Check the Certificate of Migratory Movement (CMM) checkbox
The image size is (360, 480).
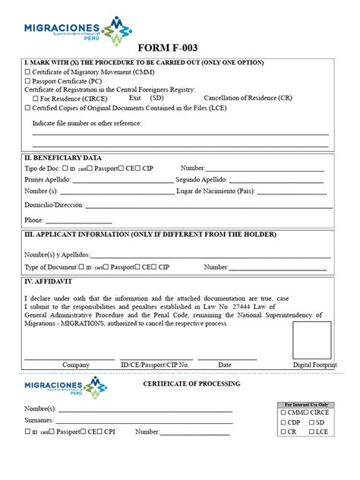[x=27, y=73]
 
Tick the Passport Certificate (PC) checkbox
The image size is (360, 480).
[x=27, y=81]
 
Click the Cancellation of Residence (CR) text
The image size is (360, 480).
[x=248, y=98]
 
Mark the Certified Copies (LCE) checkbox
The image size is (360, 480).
[x=27, y=107]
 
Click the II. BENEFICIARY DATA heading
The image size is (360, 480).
[x=63, y=157]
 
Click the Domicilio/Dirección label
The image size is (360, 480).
[x=54, y=206]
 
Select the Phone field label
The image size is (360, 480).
[x=33, y=220]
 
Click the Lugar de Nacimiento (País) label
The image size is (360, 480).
[x=225, y=191]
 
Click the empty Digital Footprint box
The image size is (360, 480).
[x=311, y=339]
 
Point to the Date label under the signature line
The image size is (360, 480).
[x=225, y=365]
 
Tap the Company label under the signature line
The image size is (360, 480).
[x=76, y=365]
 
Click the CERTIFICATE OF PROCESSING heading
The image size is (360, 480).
[x=191, y=384]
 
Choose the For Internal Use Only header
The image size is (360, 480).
[x=306, y=405]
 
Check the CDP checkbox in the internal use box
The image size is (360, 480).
[x=284, y=422]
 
